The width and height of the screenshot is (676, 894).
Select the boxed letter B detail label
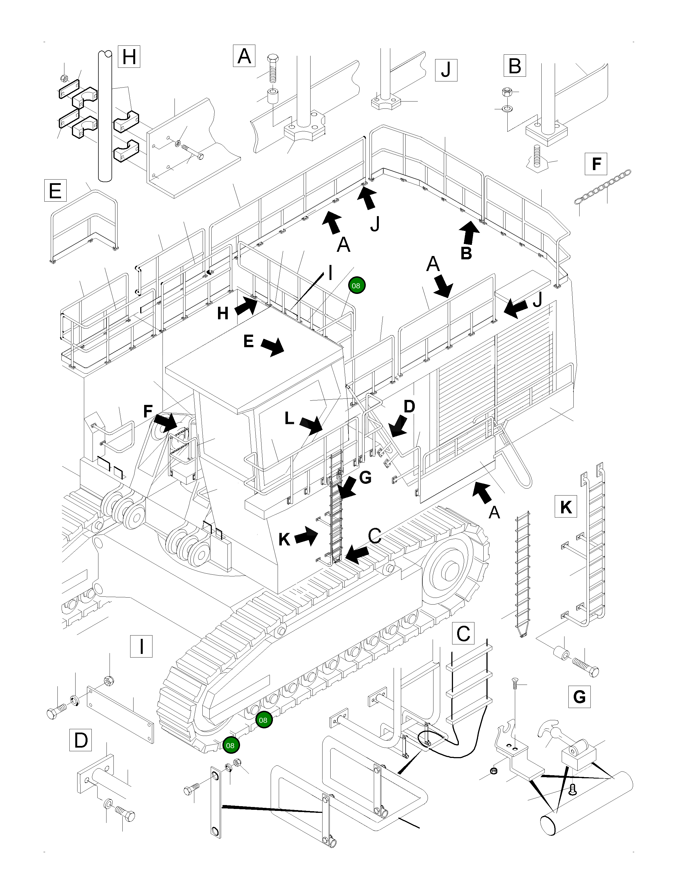(x=514, y=66)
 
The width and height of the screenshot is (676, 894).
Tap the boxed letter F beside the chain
(x=596, y=164)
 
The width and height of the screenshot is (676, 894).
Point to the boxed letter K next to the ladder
(x=566, y=506)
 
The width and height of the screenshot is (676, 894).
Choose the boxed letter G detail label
(x=579, y=696)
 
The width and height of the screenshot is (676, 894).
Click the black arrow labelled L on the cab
(x=311, y=425)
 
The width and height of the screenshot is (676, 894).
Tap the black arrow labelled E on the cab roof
(x=272, y=347)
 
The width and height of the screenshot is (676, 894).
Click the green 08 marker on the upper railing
(x=356, y=285)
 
